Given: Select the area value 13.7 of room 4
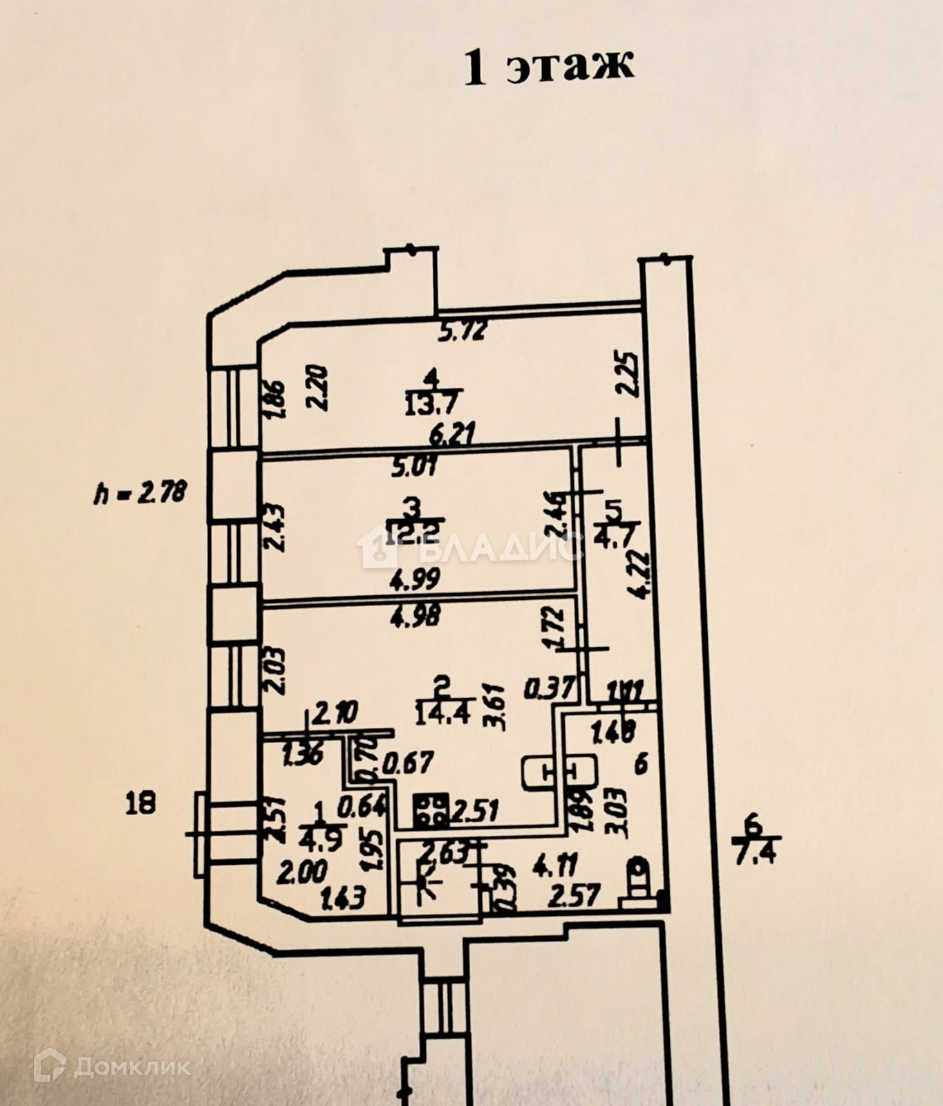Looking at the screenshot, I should coord(433,402).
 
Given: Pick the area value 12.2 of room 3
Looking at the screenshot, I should coord(415,534).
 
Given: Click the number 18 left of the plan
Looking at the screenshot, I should coord(141,803).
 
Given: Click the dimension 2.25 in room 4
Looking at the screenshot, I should coord(628,374).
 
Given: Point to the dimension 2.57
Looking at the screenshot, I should coord(574,897).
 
